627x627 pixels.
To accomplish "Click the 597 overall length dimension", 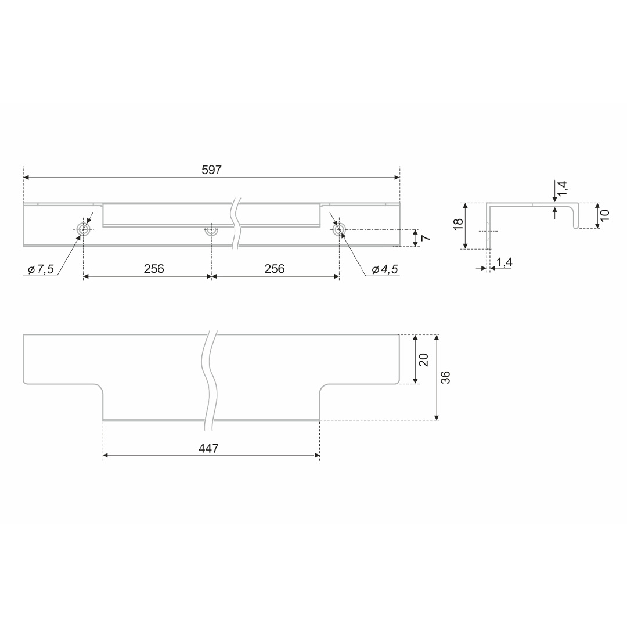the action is pyautogui.click(x=211, y=170).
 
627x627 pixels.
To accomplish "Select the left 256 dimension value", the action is pyautogui.click(x=154, y=269).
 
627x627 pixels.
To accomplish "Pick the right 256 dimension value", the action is pyautogui.click(x=274, y=269).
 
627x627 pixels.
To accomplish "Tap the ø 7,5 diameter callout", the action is pyautogui.click(x=41, y=269).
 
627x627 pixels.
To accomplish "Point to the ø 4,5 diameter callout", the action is pyautogui.click(x=385, y=269).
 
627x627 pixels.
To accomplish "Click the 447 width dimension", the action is pyautogui.click(x=209, y=448).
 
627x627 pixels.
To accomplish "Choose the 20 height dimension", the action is pyautogui.click(x=424, y=359).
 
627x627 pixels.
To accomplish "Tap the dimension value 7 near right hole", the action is pyautogui.click(x=426, y=238).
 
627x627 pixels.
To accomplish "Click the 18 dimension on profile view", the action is pyautogui.click(x=459, y=224).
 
